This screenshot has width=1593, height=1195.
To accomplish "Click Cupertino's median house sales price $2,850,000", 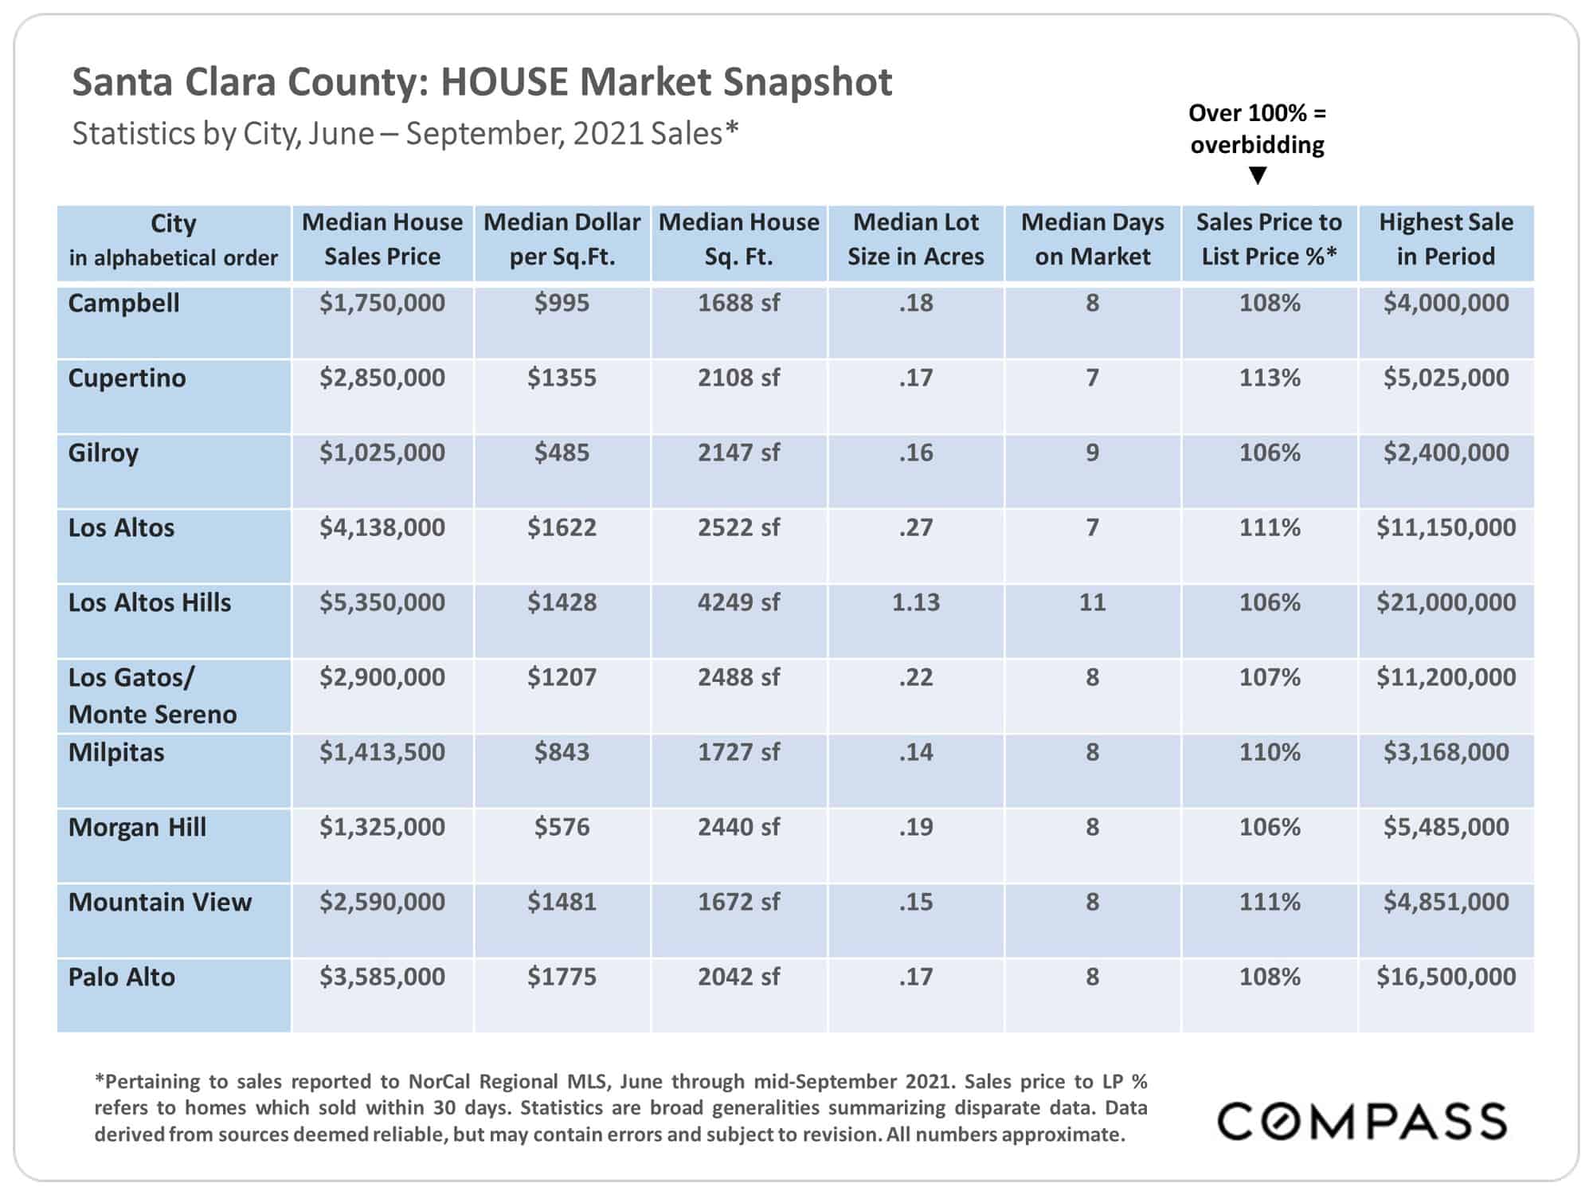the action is pos(382,378).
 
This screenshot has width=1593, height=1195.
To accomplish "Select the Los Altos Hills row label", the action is pos(150,602).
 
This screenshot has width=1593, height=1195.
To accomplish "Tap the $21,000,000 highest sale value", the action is pos(1446,602).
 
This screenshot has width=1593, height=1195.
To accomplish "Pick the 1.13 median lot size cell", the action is pos(916,602).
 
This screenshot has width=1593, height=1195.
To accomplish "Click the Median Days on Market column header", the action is pos(1093,239).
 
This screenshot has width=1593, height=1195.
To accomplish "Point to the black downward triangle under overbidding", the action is pos(1258,175).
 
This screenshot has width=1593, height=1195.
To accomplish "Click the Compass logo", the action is pos(1362,1121).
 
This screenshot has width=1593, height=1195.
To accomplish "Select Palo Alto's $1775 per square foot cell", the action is pos(562,977).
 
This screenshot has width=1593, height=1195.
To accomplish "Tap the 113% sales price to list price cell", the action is pos(1270,378).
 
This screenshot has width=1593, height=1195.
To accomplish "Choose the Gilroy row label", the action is pos(104,453).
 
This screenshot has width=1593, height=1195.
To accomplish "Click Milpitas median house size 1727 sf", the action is pos(739,752).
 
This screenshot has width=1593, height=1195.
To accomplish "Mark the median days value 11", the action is pos(1093,602).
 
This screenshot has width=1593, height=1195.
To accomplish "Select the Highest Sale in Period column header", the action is pos(1446,239).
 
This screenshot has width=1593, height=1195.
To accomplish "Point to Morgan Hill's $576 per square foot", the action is pos(562,827).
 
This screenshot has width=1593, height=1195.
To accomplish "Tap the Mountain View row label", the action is pos(160,902).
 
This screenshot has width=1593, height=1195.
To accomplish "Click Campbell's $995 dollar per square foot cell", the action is pos(562,303).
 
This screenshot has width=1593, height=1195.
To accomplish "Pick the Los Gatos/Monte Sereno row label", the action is pos(152,695).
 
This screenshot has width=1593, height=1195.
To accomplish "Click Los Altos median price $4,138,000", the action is pos(382,527).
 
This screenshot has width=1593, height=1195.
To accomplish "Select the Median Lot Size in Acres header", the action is pos(916,239).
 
